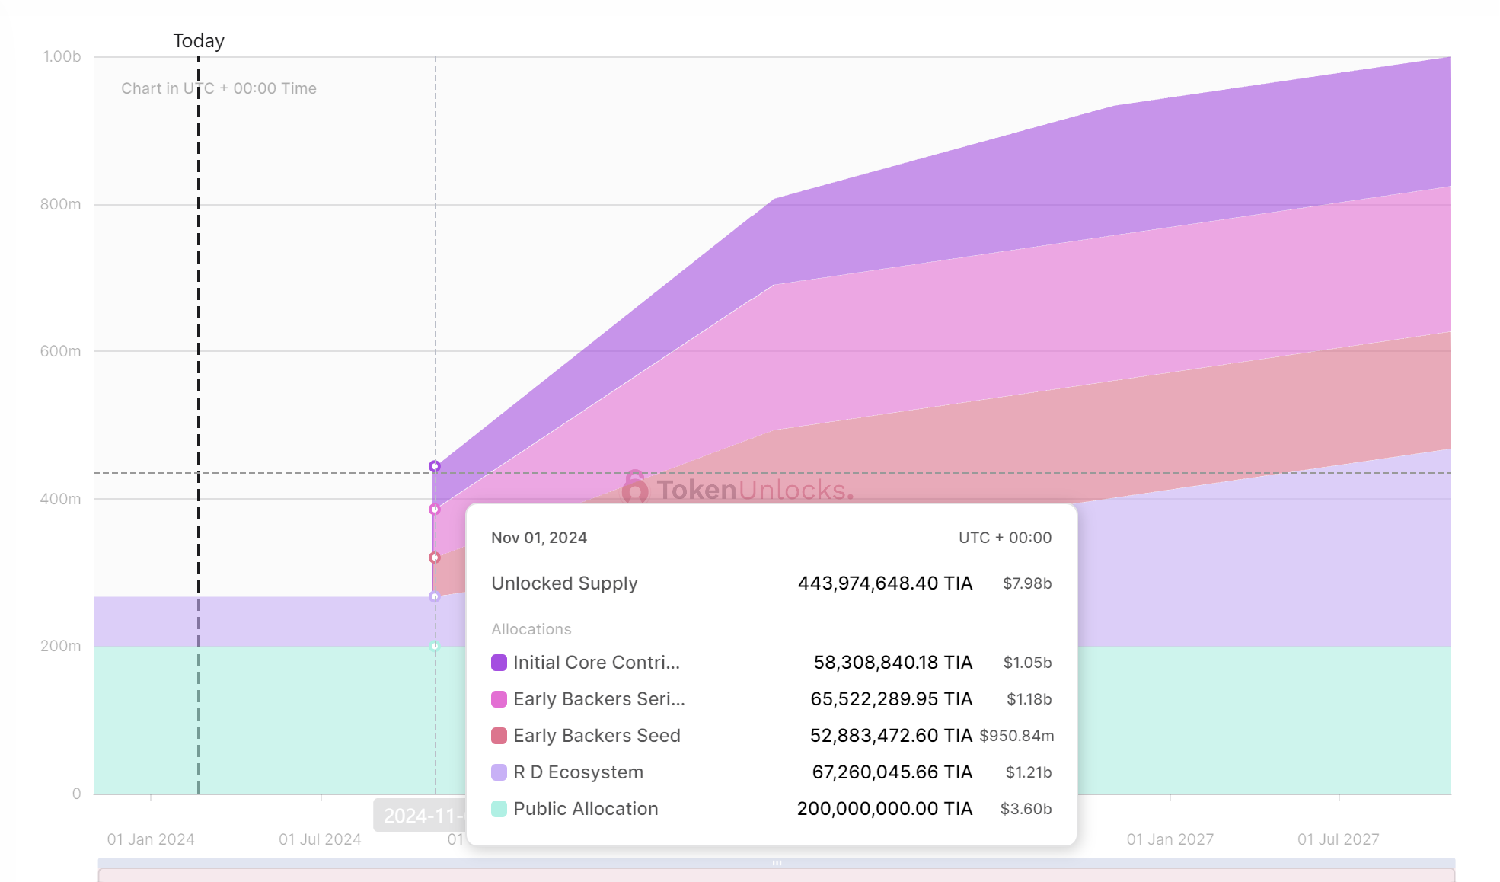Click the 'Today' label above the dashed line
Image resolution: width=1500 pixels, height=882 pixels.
199,41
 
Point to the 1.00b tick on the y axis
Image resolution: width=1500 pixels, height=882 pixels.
62,57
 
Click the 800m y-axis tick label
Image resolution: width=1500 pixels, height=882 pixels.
60,204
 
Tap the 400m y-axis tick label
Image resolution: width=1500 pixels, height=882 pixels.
60,499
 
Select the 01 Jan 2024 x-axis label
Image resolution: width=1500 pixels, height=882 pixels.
151,839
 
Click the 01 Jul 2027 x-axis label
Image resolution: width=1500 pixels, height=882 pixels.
1338,839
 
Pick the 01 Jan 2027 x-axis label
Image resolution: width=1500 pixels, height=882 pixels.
1170,839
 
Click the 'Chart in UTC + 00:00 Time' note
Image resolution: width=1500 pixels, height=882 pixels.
219,88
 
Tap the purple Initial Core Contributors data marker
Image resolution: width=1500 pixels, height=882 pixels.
434,466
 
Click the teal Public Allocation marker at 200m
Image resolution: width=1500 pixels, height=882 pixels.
435,646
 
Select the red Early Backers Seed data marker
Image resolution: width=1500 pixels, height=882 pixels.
435,558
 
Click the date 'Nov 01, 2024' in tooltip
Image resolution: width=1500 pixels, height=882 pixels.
538,538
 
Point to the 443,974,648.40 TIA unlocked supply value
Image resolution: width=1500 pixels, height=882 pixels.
885,583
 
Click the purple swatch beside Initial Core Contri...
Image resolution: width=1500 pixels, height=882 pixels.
499,663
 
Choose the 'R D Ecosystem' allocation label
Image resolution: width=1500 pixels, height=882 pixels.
578,772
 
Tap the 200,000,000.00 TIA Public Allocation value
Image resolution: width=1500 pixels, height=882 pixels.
884,809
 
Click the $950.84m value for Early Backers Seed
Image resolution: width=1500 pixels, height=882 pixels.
1016,736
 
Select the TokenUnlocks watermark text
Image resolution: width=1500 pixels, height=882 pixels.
754,490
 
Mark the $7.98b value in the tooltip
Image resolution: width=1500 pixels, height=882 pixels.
1026,583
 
